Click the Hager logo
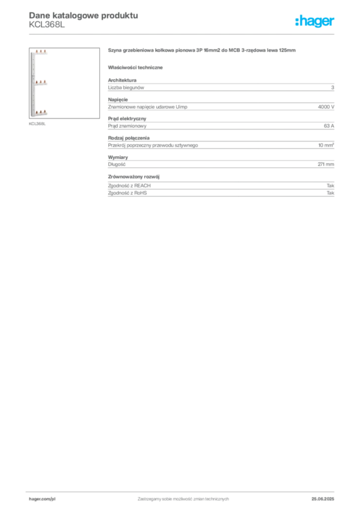314,21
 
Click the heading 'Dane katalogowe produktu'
84,15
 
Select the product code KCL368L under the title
47,25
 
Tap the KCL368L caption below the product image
37,124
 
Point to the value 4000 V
326,107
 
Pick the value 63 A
329,126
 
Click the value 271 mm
326,164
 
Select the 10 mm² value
326,145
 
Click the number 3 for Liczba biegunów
333,87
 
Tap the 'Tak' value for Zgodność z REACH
331,186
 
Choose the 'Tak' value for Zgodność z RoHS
331,193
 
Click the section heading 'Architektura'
122,80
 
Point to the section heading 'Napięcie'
118,99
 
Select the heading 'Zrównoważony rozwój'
134,176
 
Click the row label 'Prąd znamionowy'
127,126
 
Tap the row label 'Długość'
116,164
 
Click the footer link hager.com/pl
42,499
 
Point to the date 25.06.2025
323,499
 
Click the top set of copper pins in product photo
41,51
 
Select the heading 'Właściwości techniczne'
135,68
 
